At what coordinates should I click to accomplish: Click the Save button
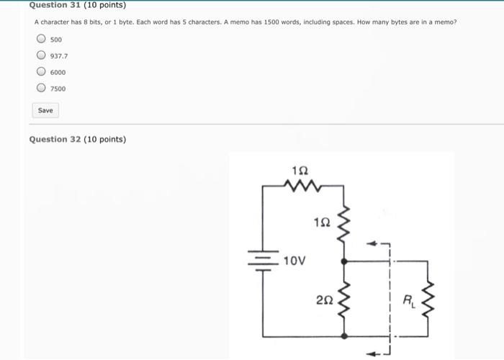point(45,110)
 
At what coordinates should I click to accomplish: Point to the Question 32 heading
point(77,139)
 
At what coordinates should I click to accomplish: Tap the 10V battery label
point(295,260)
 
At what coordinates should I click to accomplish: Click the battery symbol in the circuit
point(264,260)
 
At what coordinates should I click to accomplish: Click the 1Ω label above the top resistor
point(301,170)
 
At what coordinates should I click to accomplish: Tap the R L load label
point(408,299)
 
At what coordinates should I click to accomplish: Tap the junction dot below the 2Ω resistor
point(344,336)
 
